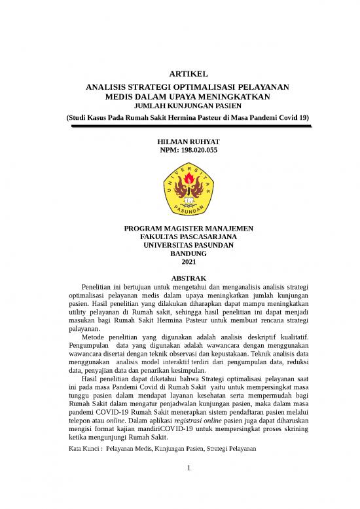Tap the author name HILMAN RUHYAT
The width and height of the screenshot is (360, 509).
tap(188, 141)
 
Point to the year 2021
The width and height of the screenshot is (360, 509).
tap(188, 263)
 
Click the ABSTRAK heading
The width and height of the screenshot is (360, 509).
tap(188, 278)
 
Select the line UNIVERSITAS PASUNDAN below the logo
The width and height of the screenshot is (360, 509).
tap(188, 246)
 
